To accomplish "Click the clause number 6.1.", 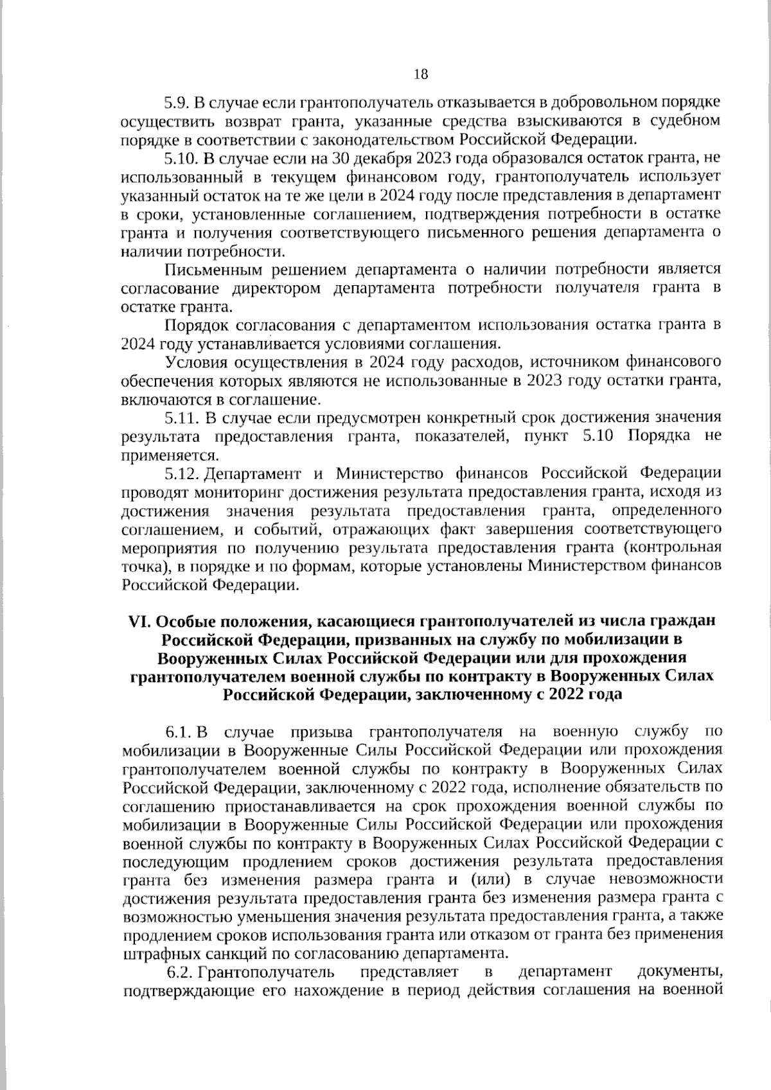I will coord(180,732).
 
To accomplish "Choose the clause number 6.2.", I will coord(181,972).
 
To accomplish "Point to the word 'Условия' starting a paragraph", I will coord(195,362).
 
